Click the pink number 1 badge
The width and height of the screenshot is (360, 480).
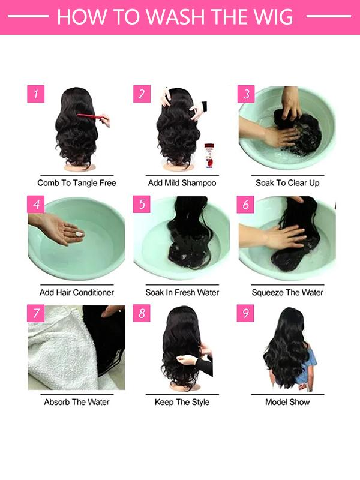coord(36,94)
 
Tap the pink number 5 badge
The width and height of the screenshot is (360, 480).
coord(142,204)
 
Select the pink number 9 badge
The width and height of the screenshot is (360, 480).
coord(245,313)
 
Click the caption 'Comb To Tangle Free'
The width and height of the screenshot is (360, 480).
coord(77,182)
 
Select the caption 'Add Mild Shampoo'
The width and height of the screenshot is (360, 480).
coord(182,182)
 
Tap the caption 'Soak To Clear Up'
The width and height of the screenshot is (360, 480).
coord(287,182)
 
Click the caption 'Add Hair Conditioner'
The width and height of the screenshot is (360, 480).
coord(77,292)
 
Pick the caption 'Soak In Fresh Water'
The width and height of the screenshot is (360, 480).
coord(182,292)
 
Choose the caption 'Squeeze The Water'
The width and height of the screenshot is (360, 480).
coord(287,292)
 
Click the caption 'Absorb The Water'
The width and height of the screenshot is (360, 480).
coord(77,401)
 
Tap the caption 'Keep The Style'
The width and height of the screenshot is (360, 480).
coord(182,401)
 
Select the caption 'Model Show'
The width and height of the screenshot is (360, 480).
coord(287,401)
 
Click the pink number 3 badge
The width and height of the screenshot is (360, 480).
coord(245,94)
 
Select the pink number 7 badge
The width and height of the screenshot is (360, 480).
coord(36,313)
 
